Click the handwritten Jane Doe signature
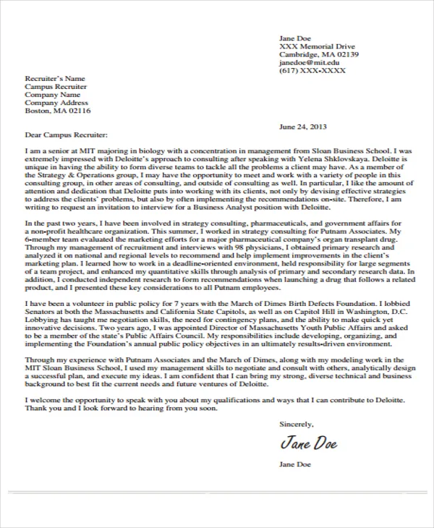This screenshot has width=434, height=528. pyautogui.click(x=308, y=441)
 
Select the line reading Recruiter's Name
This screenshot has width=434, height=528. pyautogui.click(x=55, y=78)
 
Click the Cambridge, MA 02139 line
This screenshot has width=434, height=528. pyautogui.click(x=319, y=54)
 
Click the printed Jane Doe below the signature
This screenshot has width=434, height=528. pyautogui.click(x=295, y=464)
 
